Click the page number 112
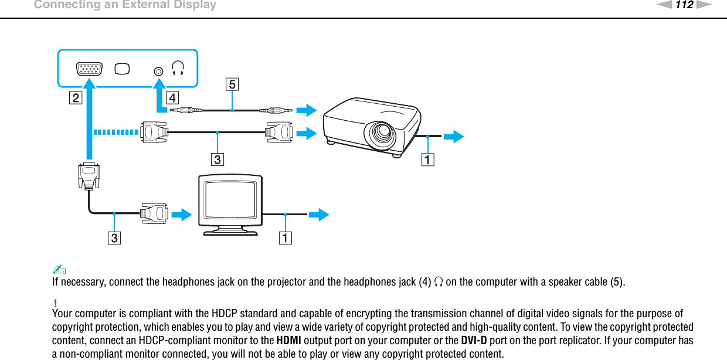tap(684, 5)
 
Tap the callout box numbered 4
tap(172, 97)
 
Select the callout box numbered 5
tap(232, 84)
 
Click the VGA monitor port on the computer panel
tap(89, 69)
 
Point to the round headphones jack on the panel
tap(158, 70)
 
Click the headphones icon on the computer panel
tap(178, 69)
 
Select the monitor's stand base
tap(230, 232)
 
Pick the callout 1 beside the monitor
tap(286, 238)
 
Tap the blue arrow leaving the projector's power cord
tap(453, 137)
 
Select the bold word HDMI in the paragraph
tap(289, 341)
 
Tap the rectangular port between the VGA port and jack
tap(123, 69)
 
